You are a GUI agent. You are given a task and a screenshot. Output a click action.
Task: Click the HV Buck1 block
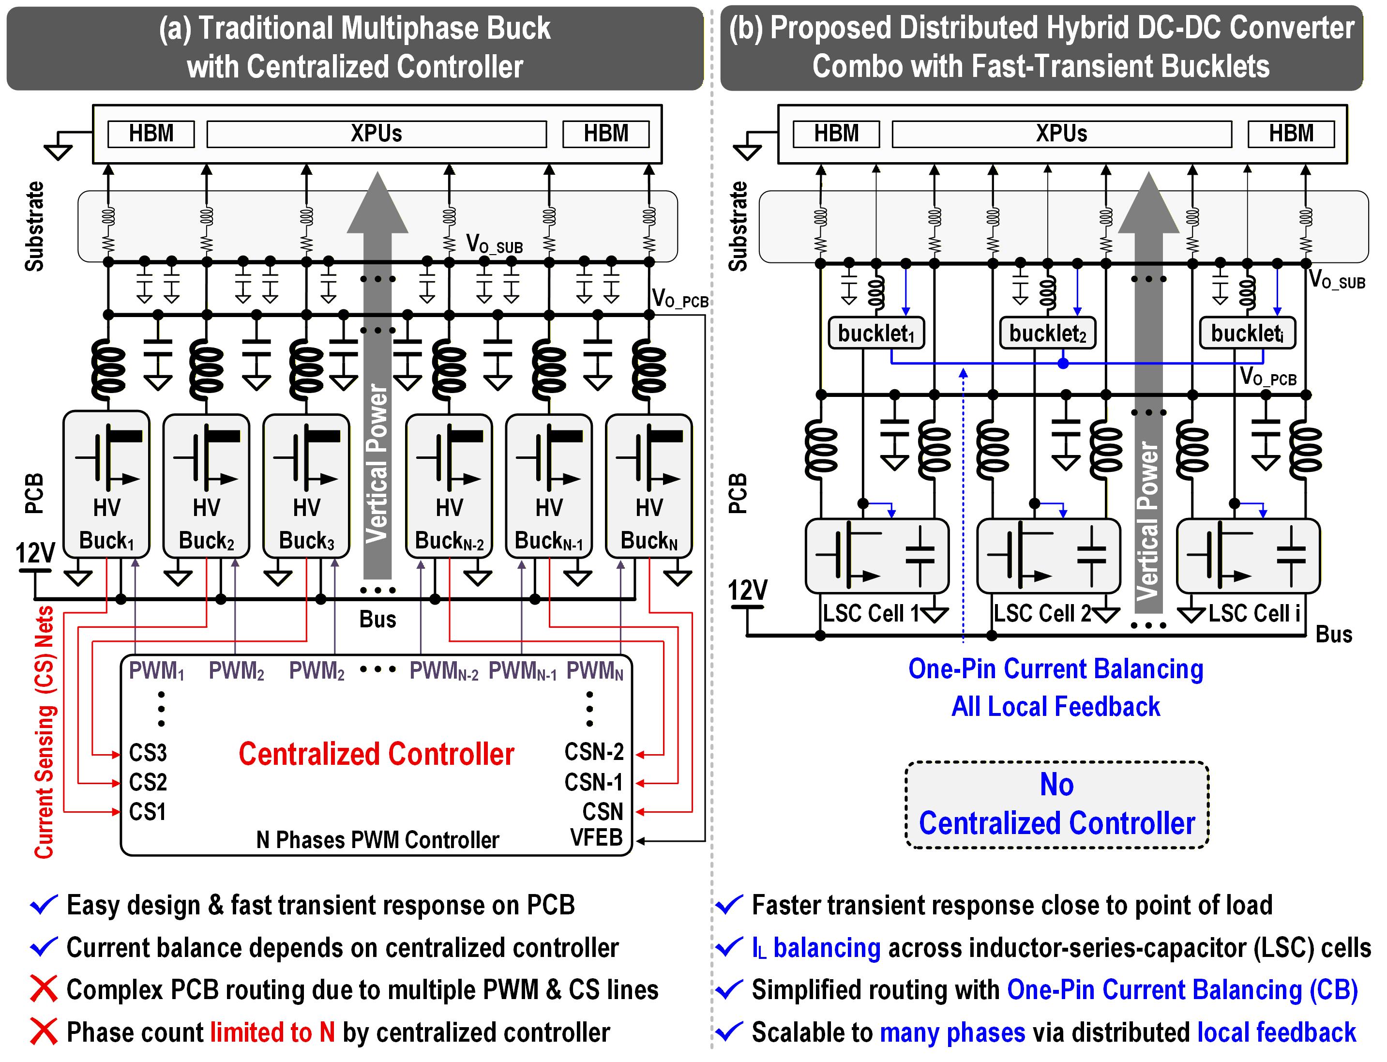(106, 485)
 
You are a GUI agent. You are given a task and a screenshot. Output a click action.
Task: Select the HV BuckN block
(649, 485)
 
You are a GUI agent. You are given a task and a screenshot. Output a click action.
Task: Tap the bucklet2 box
(1047, 333)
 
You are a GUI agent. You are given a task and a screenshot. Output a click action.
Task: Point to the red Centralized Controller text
(376, 754)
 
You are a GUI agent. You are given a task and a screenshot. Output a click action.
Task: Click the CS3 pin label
(148, 753)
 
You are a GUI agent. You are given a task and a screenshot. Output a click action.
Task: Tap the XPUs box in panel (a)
(376, 134)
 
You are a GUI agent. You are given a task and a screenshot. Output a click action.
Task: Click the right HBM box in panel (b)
(1291, 134)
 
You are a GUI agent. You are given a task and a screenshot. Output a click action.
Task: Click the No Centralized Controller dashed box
(1056, 804)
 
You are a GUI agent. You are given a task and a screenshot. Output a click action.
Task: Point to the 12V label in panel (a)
(35, 553)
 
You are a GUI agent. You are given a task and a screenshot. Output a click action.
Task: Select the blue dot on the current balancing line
(1063, 363)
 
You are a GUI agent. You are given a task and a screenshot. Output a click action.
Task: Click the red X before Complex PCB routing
(44, 989)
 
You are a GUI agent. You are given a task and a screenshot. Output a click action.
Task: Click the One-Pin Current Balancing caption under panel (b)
(1055, 669)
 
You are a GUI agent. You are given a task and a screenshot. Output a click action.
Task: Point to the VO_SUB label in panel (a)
(494, 244)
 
